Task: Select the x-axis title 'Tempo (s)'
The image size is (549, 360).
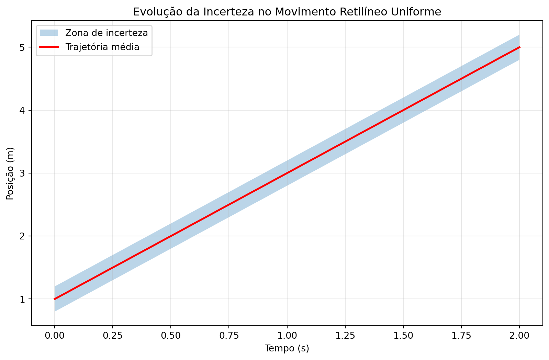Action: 287,349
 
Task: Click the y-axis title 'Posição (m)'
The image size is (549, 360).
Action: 10,173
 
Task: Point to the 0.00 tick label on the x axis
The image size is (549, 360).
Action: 54,335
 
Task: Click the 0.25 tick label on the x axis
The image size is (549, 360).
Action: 113,335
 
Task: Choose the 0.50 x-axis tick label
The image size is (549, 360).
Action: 171,335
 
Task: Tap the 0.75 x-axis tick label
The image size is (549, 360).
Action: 229,335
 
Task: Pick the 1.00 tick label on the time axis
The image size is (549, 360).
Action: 287,335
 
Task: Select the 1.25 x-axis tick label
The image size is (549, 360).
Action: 345,335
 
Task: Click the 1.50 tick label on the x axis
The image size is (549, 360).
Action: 403,335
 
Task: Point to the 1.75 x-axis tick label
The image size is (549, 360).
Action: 461,335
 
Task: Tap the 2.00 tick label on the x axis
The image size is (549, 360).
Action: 519,335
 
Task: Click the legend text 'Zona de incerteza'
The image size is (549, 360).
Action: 107,33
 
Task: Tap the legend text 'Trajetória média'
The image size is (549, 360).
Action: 102,47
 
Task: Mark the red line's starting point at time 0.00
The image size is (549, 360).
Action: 54,299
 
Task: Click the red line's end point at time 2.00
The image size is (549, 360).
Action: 519,47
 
